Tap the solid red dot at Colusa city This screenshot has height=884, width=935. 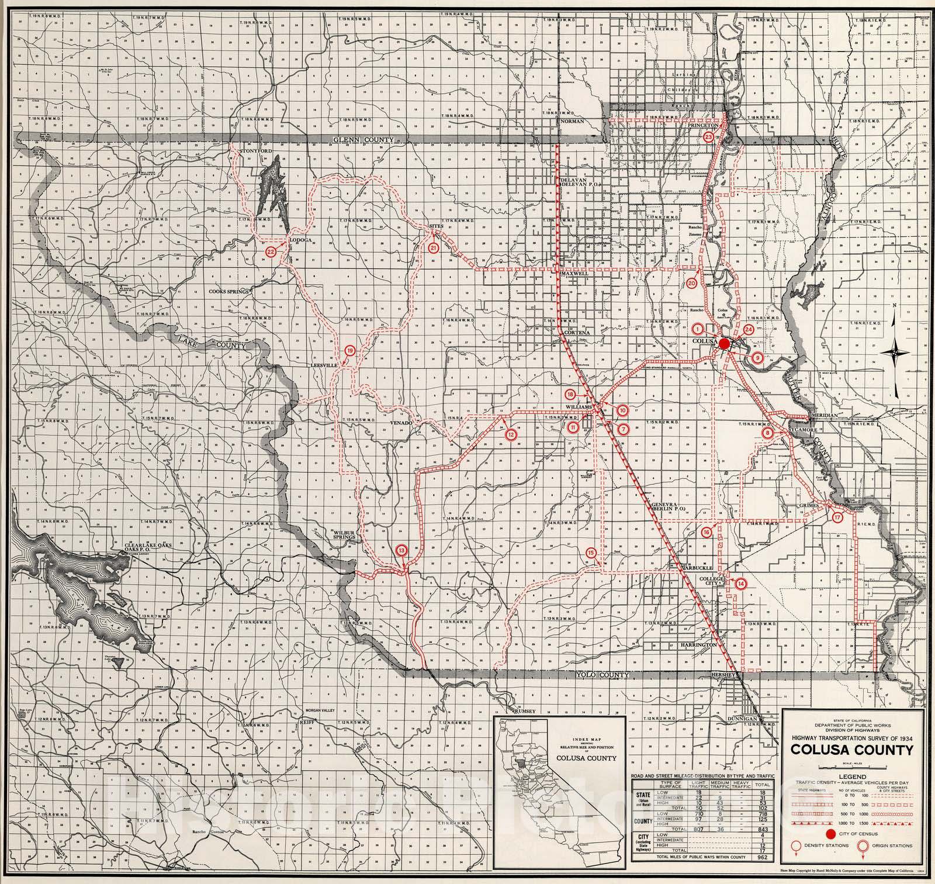click(x=724, y=344)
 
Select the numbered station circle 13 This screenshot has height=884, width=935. click(x=401, y=550)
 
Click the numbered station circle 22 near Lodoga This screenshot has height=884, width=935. click(x=271, y=251)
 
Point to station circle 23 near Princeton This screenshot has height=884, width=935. click(x=709, y=137)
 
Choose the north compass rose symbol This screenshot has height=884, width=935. click(x=898, y=351)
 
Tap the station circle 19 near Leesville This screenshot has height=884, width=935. click(x=349, y=351)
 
